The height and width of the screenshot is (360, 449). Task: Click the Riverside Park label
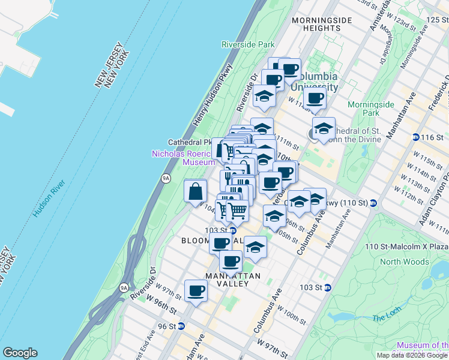[248, 44]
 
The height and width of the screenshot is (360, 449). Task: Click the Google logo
[20, 353]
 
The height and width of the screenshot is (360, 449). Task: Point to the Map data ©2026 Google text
[412, 355]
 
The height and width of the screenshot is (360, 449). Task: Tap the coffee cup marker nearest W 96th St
[196, 291]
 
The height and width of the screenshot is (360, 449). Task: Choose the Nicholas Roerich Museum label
[183, 158]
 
